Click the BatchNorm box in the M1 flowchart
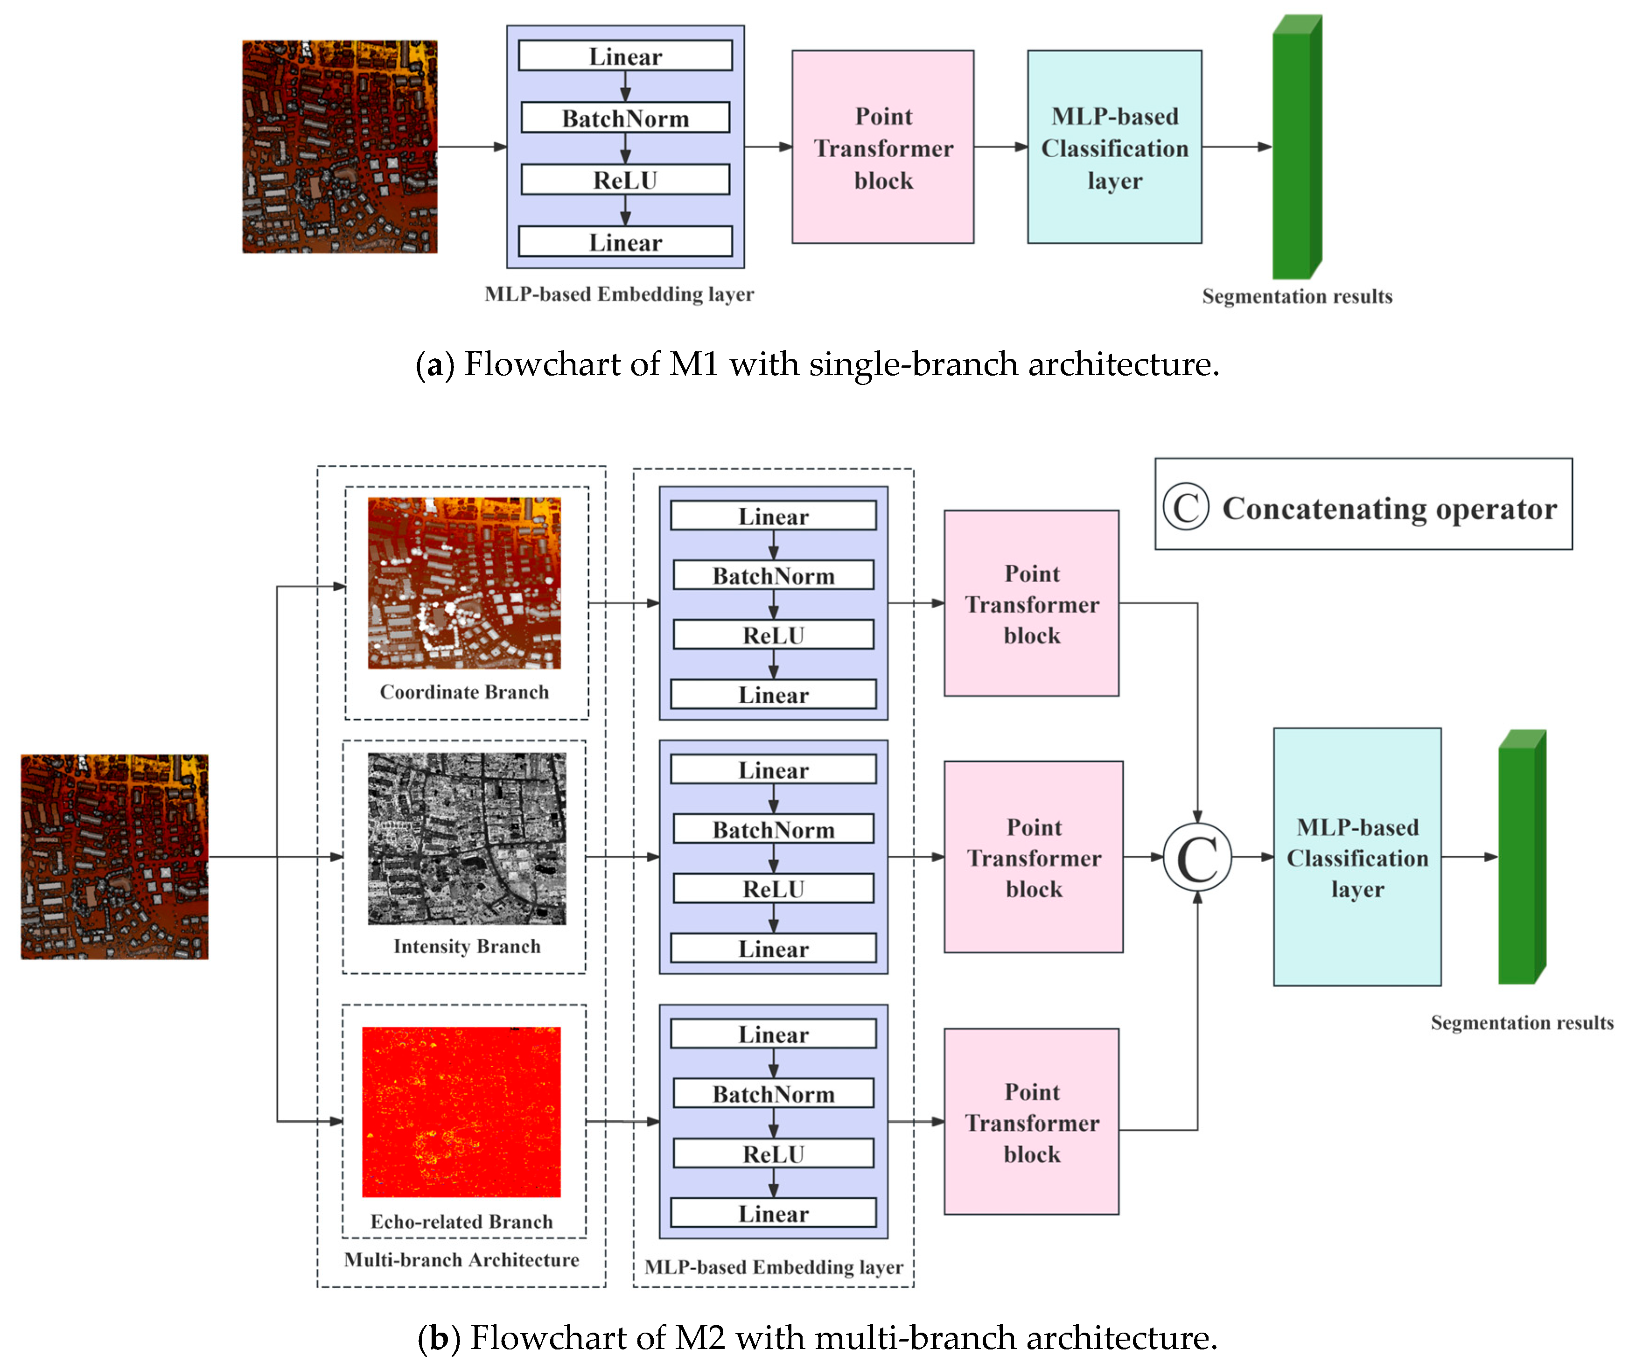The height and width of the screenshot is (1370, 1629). coord(625,118)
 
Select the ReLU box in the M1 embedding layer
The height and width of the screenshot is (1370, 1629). coord(625,180)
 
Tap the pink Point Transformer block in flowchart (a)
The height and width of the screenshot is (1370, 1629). coord(883,147)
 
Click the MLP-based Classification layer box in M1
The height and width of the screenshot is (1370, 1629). coord(1114,147)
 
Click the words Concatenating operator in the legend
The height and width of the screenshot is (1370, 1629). coord(1389,509)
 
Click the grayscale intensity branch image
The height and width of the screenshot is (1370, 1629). coord(467,839)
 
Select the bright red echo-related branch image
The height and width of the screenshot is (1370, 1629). coord(461,1112)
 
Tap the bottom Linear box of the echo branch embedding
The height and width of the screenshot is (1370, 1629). coord(773,1214)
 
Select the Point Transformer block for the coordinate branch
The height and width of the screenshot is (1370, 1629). coord(1031,603)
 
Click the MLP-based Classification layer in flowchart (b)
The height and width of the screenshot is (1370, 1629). coord(1357,857)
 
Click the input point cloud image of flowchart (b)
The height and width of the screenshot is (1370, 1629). coord(115,857)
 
